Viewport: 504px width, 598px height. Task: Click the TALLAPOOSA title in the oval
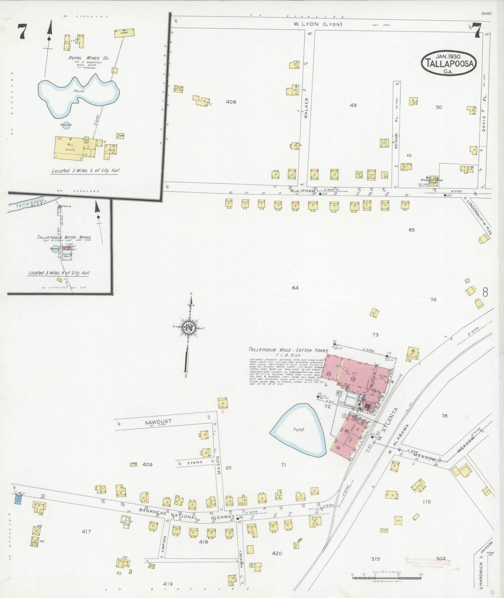click(448, 64)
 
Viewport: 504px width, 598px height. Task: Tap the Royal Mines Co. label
click(89, 58)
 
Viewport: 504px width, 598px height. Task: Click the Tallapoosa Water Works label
click(64, 237)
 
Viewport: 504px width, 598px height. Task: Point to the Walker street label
click(307, 108)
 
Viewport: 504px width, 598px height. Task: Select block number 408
click(232, 102)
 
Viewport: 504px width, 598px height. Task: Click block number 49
click(353, 105)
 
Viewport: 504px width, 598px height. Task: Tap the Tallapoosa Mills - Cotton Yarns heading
click(288, 350)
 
